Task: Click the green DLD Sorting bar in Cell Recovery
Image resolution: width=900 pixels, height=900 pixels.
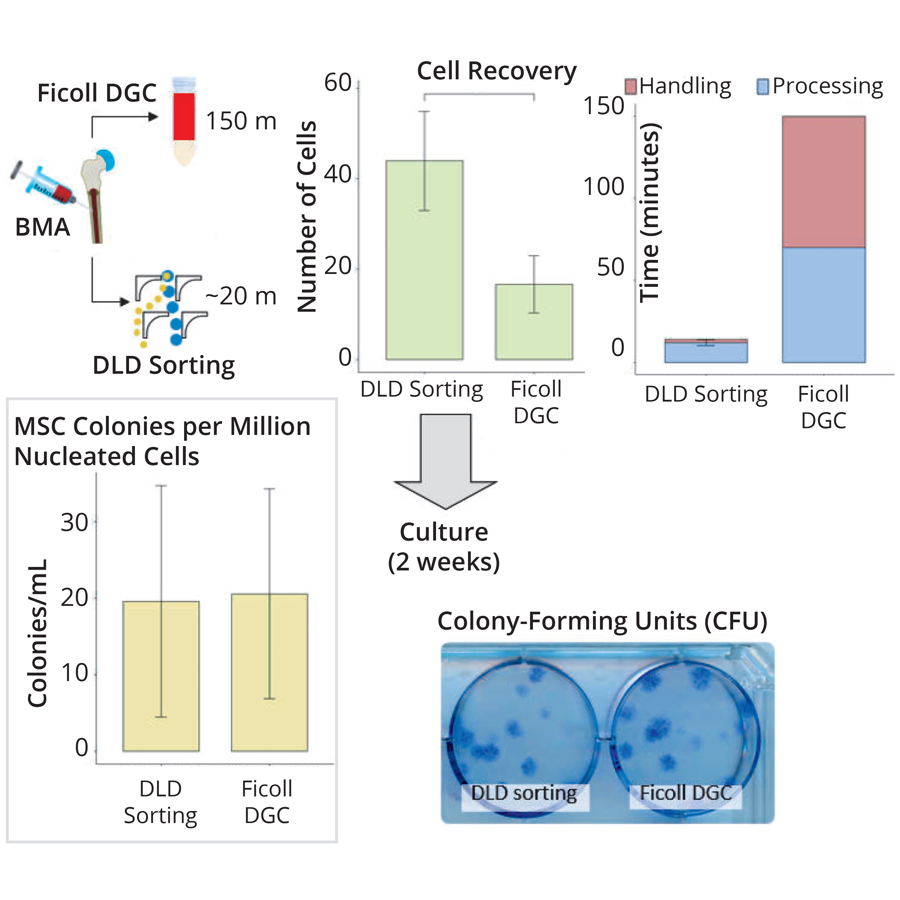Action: tap(424, 280)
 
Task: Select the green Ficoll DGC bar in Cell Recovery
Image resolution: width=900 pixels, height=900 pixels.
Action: tap(534, 326)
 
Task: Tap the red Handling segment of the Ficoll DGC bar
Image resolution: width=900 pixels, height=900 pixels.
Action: tap(824, 182)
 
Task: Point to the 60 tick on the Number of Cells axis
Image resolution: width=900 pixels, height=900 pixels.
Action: tap(338, 84)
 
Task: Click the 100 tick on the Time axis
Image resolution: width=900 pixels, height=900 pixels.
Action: tap(604, 187)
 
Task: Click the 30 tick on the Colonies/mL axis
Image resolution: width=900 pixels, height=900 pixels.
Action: tap(75, 523)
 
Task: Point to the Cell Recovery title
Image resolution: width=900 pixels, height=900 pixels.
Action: tap(497, 71)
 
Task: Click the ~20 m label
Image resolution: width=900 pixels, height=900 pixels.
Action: tap(241, 296)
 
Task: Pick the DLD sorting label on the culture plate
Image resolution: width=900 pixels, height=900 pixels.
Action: tap(524, 793)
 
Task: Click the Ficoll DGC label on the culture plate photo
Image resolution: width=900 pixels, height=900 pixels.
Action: tap(685, 793)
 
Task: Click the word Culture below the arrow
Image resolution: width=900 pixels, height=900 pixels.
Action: tap(444, 532)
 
